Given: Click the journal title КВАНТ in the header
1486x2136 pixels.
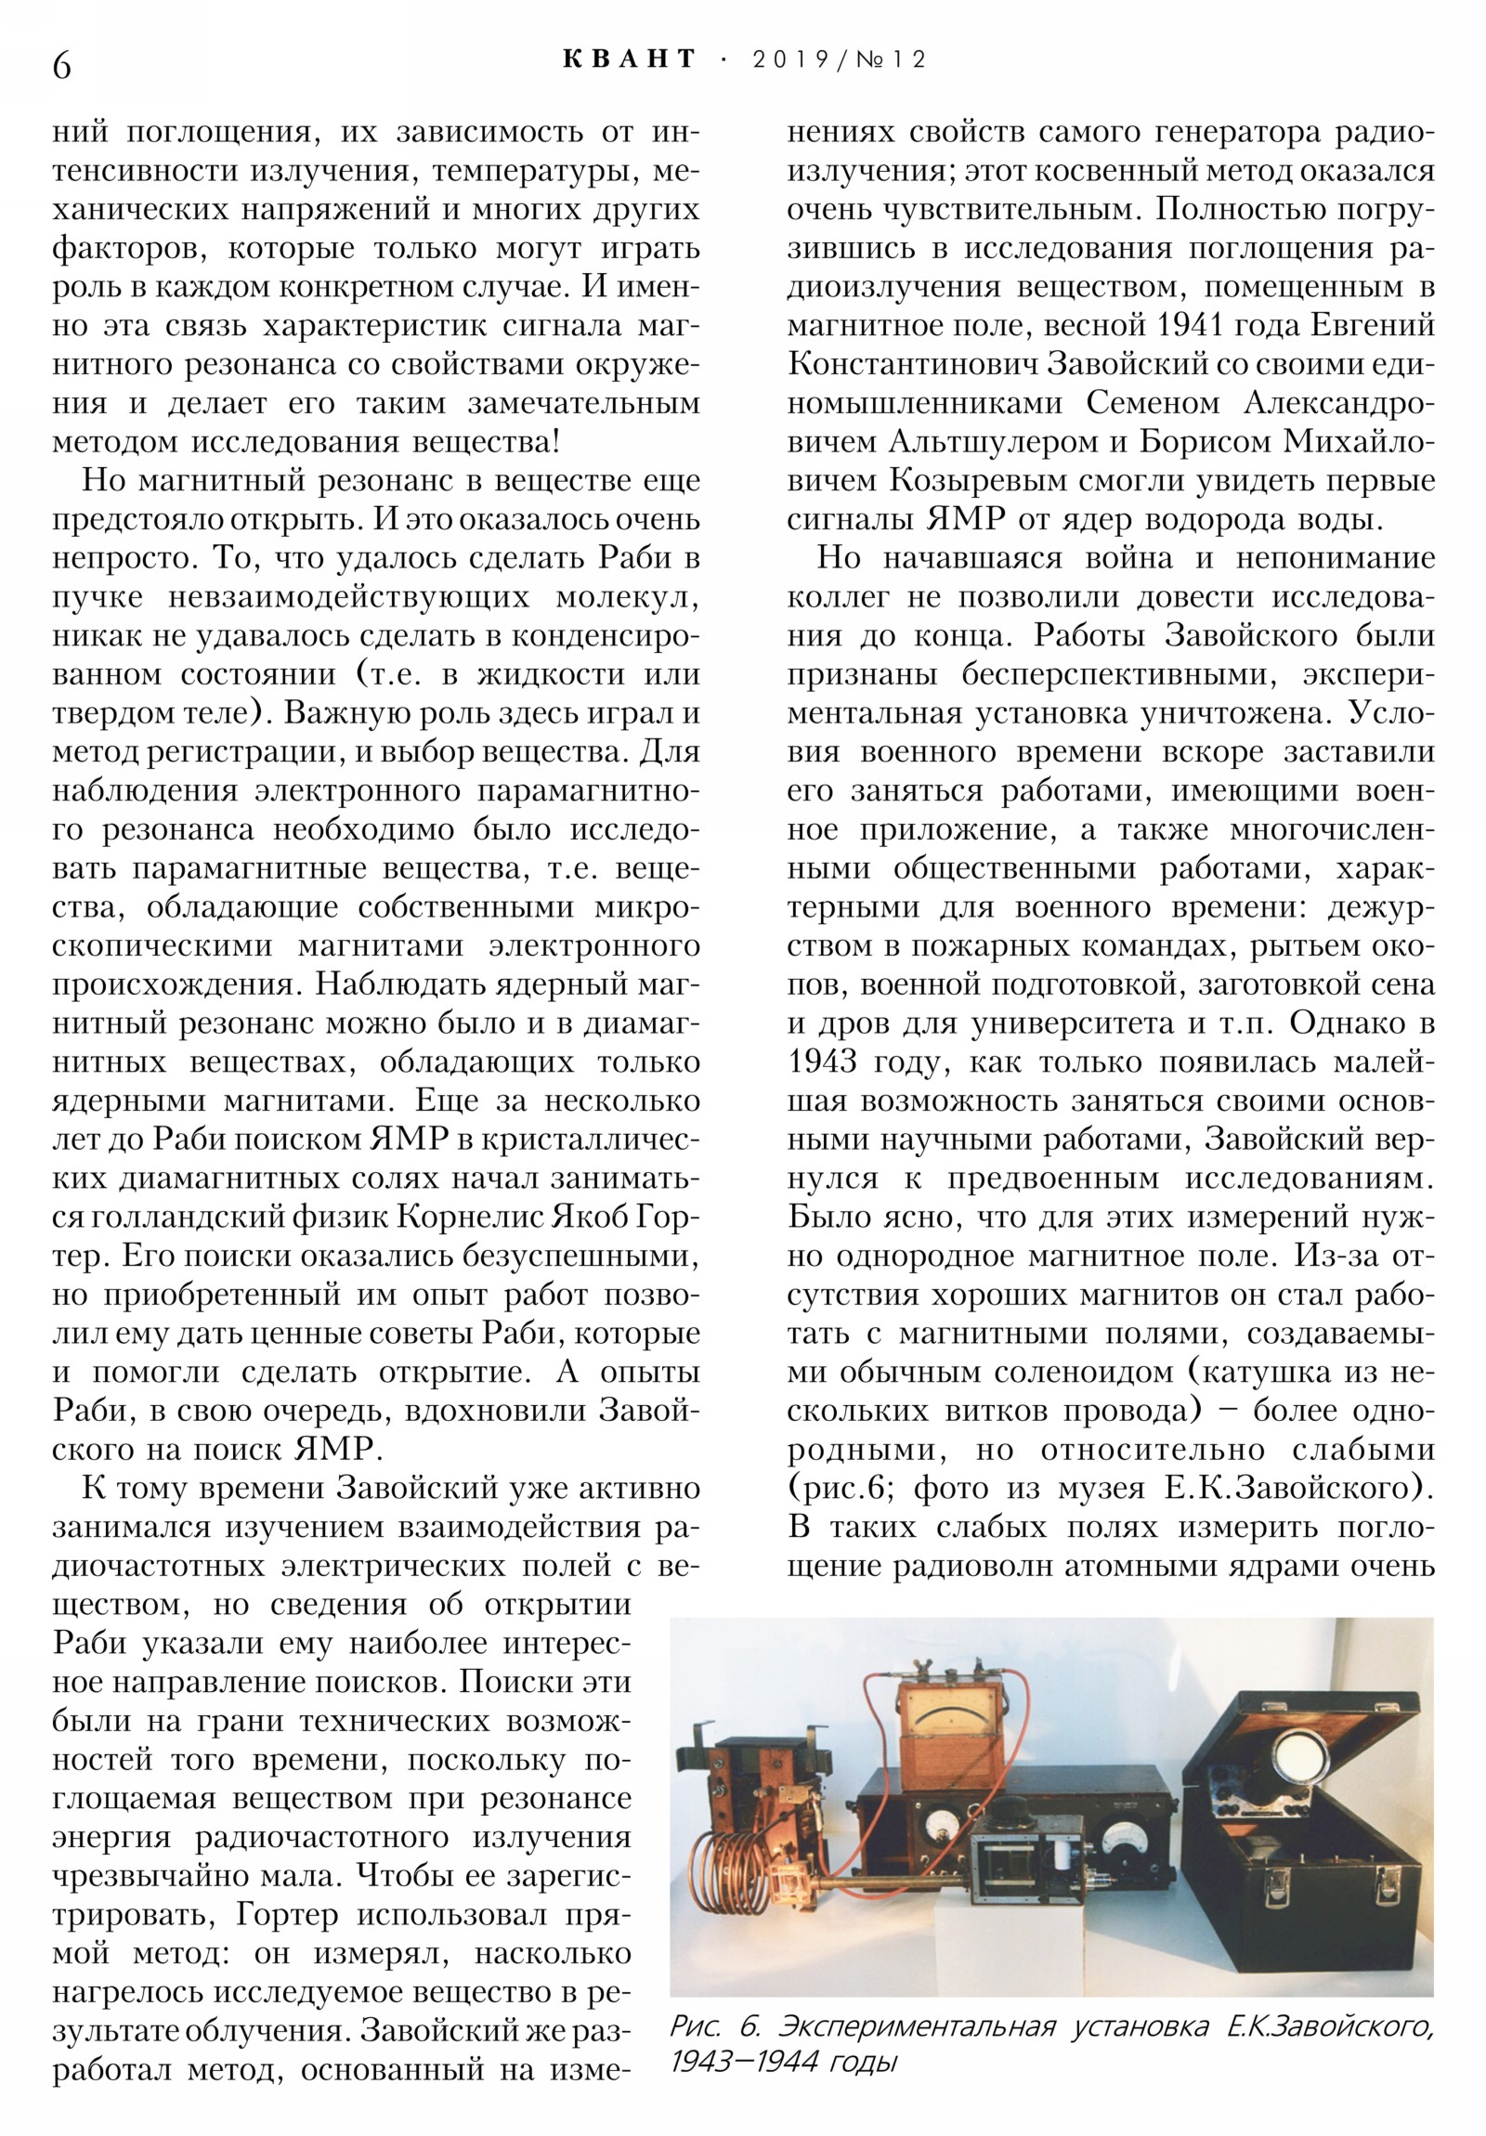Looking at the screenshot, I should click(629, 59).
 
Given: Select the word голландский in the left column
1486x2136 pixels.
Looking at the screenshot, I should click(225, 1217).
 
